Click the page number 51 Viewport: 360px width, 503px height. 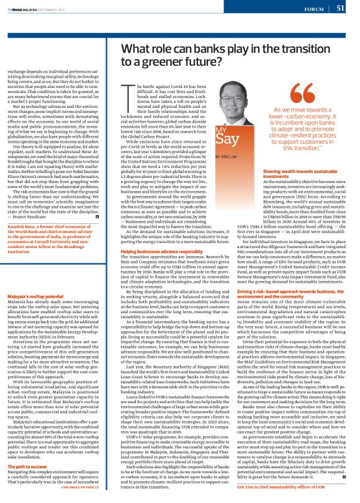pos(340,8)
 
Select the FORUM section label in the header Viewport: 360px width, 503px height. pos(315,9)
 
